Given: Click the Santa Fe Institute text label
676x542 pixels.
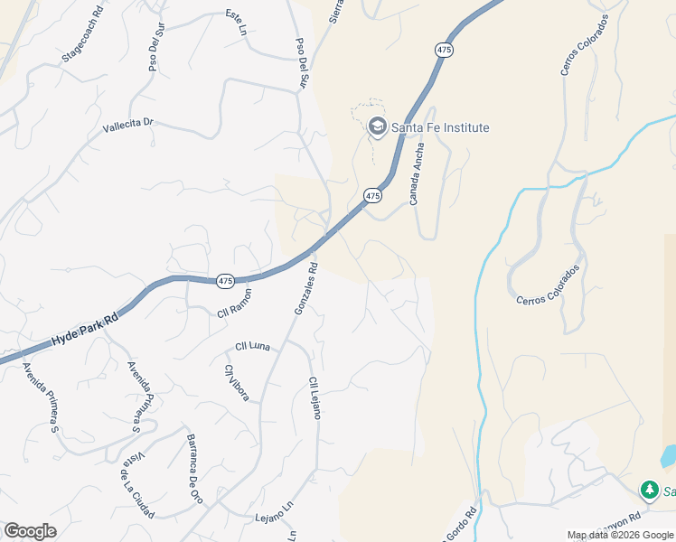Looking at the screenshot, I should (440, 127).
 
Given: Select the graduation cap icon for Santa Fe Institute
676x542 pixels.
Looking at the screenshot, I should (377, 127).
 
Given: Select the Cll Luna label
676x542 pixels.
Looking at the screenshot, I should (253, 346).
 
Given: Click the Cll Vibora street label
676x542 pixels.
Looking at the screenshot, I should (237, 382).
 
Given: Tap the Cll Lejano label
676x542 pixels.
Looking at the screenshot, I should (315, 397).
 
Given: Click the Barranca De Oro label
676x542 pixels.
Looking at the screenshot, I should (192, 462).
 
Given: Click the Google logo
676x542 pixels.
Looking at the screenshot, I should (30, 531).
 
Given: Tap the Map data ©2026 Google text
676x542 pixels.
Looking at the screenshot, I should (619, 535).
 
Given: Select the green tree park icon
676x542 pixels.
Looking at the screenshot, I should (649, 490).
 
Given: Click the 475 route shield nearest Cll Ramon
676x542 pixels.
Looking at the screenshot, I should (226, 282).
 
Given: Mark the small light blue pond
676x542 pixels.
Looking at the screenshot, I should (668, 455).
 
